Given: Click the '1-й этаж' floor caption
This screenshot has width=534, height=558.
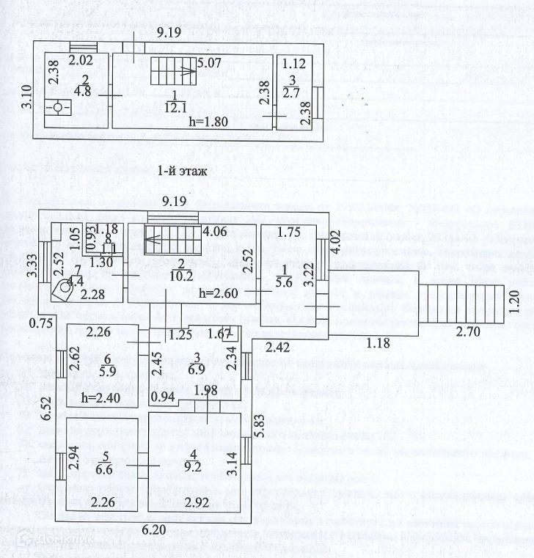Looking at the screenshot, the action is pyautogui.click(x=181, y=172).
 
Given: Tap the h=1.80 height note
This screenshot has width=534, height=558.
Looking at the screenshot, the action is pyautogui.click(x=208, y=122).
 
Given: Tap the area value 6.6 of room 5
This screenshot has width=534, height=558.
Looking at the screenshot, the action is pyautogui.click(x=106, y=468).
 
